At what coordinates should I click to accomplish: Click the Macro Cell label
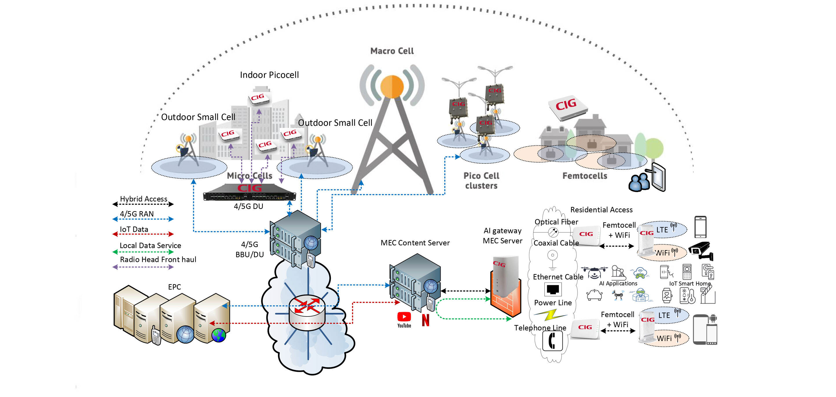point(392,51)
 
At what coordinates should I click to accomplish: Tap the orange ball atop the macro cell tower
point(392,86)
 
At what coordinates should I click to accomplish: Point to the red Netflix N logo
point(426,320)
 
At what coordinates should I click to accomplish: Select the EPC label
point(174,287)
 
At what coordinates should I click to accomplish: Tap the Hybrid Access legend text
point(144,199)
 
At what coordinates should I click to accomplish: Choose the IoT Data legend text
point(134,230)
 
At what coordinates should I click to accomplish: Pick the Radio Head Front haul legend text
point(158,260)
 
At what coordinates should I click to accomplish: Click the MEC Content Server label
point(415,243)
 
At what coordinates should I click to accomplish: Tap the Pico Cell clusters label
point(481,181)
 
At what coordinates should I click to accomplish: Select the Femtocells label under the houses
point(584,176)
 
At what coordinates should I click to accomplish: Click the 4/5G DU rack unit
point(249,193)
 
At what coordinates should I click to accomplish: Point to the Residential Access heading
point(601,210)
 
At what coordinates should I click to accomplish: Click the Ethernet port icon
point(552,289)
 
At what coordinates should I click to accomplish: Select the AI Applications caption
point(618,283)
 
